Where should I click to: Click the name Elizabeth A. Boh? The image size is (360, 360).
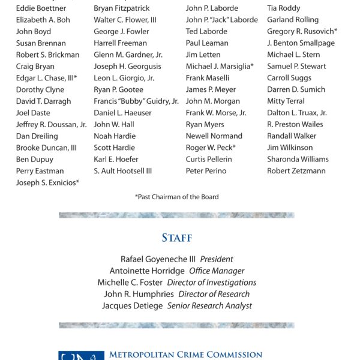point(43,20)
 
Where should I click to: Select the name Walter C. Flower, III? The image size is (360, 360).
point(125,20)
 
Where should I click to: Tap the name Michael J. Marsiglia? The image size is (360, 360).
point(220,67)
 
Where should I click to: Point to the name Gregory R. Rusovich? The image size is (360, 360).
point(302,31)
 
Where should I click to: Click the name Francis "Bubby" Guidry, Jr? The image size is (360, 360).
point(136,101)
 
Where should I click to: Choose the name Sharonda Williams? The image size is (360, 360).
point(298,159)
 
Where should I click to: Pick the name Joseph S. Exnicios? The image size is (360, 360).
point(47,182)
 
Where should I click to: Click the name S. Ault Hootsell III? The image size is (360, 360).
point(122,171)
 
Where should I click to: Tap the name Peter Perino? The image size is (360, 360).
point(206,171)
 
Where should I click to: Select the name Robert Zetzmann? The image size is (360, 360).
point(296,171)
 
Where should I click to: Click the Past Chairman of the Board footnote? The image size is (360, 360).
point(177,197)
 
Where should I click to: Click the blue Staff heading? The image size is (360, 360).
point(177,238)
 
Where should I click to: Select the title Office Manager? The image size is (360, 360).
point(217,271)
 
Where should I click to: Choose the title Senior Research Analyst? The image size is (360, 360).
point(209,306)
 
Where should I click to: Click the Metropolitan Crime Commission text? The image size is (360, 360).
point(185,355)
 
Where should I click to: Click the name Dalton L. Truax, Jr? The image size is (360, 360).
point(297,113)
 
